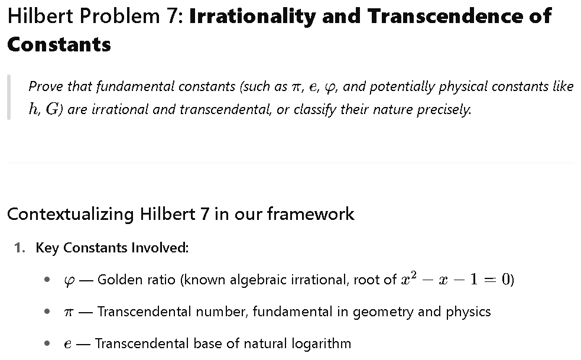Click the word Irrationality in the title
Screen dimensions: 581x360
252,17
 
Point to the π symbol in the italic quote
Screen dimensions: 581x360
297,87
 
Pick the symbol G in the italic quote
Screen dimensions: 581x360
52,109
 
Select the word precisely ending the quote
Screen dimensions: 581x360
444,110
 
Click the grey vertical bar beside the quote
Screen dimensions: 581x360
9,97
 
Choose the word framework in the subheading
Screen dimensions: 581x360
310,214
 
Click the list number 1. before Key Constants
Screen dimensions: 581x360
20,248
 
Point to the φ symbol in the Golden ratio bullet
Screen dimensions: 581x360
69,281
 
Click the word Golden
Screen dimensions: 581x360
118,280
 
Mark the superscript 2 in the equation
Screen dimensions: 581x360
413,275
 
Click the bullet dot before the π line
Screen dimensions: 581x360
47,312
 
